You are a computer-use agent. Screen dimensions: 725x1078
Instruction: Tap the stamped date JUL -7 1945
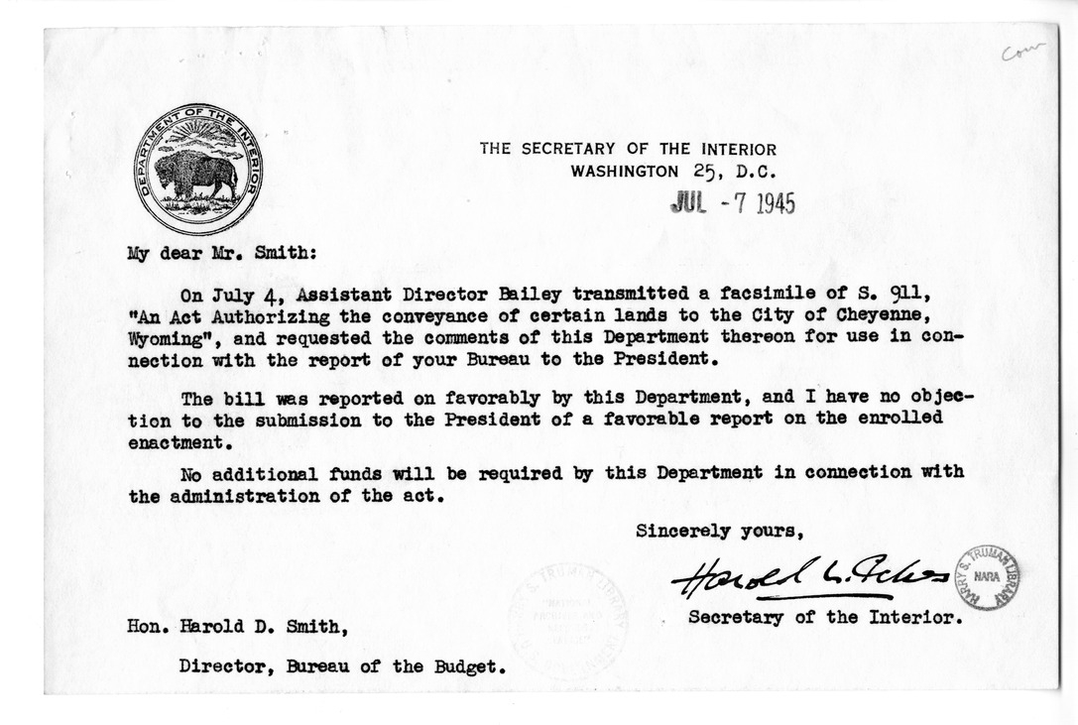(733, 202)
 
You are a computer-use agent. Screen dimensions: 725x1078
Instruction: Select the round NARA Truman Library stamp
(987, 577)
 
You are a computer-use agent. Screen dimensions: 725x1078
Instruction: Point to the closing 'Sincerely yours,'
(719, 531)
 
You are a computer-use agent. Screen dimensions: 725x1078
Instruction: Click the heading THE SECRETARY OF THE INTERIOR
(628, 149)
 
